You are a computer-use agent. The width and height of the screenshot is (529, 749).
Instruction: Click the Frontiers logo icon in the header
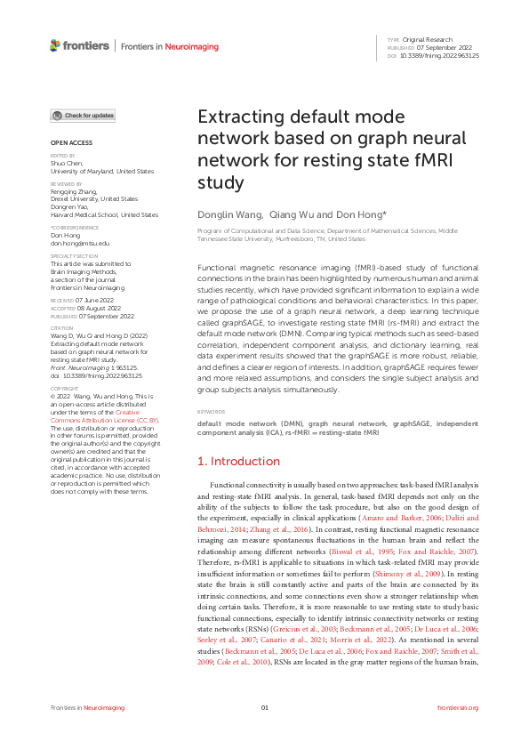pyautogui.click(x=55, y=45)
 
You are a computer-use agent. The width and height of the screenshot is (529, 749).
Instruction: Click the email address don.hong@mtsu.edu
pyautogui.click(x=80, y=243)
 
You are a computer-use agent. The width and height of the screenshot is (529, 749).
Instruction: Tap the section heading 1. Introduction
pyautogui.click(x=238, y=462)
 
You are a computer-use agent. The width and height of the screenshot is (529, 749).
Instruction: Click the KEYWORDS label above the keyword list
pyautogui.click(x=212, y=413)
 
